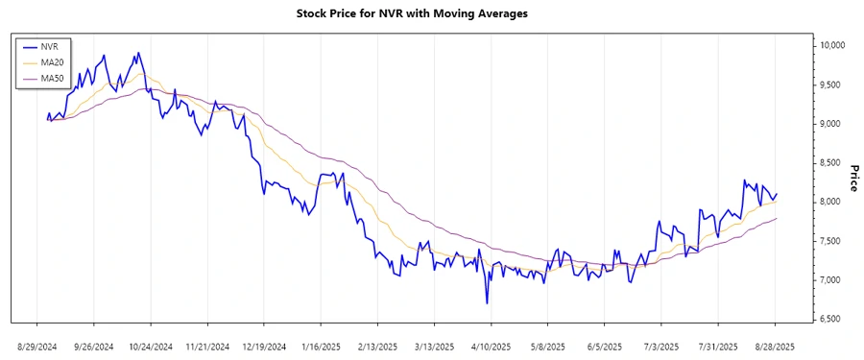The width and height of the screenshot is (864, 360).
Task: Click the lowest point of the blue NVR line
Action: point(487,303)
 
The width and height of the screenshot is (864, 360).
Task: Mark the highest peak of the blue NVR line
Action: point(138,53)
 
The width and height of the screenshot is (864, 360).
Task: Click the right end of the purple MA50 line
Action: point(777,218)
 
